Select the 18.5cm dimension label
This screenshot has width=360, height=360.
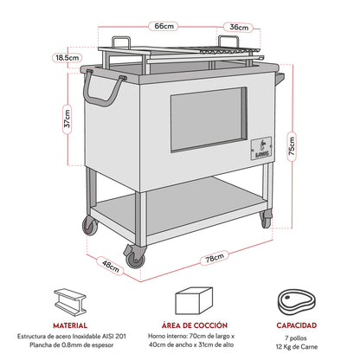[x=64, y=57]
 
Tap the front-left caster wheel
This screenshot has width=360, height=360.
[x=132, y=254]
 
